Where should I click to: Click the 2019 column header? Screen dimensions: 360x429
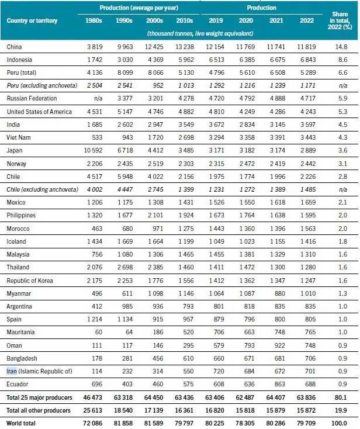coord(216,20)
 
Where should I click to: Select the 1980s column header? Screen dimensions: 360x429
coord(94,20)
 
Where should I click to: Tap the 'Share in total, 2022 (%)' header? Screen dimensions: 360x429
coord(340,20)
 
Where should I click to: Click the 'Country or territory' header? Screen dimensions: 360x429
coord(32,20)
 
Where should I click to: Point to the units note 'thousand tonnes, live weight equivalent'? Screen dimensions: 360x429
coord(200,33)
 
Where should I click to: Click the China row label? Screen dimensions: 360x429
coord(14,47)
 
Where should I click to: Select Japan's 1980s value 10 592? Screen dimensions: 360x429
coord(93,150)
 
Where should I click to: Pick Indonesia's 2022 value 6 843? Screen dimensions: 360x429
coord(308,60)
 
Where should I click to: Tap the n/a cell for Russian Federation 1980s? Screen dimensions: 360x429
coord(98,99)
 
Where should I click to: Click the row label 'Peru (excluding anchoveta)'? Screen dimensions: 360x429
coord(42,85)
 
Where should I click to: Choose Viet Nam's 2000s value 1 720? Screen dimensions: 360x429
coord(155,137)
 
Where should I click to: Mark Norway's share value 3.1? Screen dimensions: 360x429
coord(342,164)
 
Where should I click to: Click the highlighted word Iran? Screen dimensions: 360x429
coord(12,371)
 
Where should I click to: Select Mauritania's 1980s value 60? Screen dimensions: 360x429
coord(99,332)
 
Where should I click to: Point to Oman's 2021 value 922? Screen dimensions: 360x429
coord(279,345)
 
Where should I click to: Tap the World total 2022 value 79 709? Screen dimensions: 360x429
coord(306,423)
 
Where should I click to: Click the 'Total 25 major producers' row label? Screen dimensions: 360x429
coord(39,397)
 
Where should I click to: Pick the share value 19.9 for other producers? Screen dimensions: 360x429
coord(341,410)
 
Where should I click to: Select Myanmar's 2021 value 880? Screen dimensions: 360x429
coord(279,293)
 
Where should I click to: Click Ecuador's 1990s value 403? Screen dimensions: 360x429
coord(127,384)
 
